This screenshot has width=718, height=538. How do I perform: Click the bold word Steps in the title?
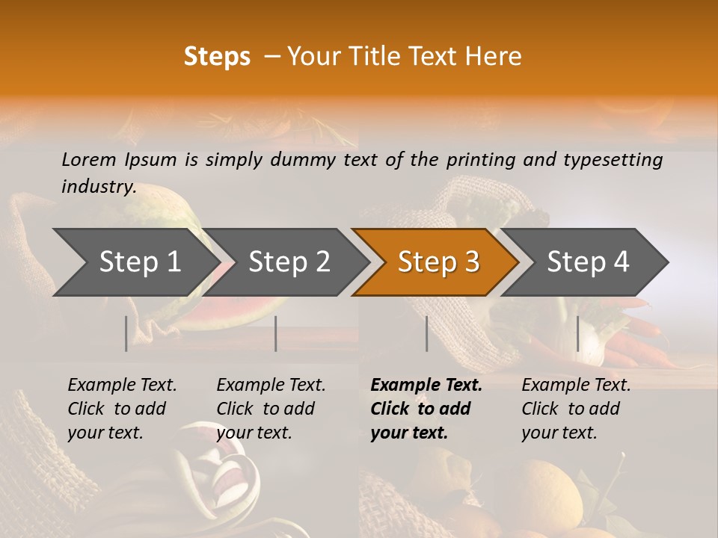point(217,57)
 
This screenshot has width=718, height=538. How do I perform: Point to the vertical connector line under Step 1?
point(126,334)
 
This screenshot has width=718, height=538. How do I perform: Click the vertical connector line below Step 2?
point(276,334)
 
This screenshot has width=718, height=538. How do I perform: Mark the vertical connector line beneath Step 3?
point(426,334)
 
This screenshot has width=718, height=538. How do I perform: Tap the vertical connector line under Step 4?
point(577,334)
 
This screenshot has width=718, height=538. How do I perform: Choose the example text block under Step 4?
point(576,409)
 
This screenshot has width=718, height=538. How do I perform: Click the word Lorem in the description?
point(89,159)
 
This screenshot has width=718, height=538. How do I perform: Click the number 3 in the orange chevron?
point(471,262)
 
